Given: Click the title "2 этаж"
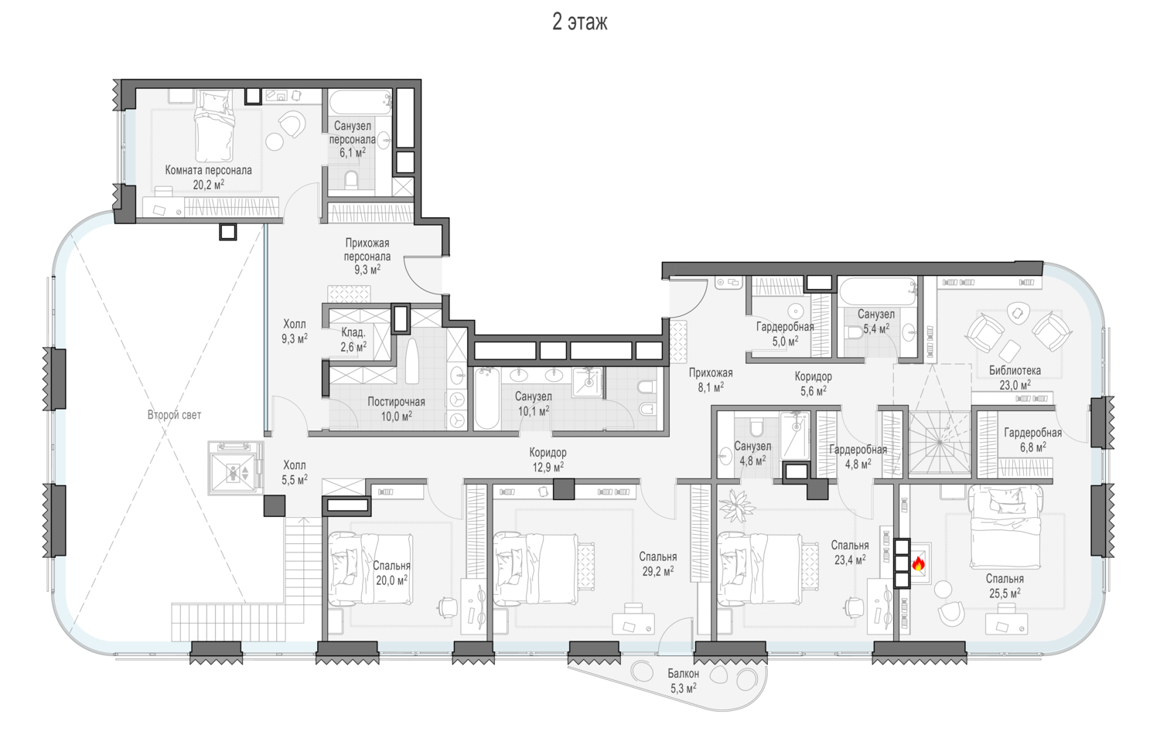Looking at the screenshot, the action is pyautogui.click(x=579, y=22).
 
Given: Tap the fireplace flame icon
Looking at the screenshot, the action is pyautogui.click(x=918, y=563).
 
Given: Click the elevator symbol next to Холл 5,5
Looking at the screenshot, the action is pyautogui.click(x=236, y=469).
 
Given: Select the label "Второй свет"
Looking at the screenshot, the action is pyautogui.click(x=174, y=415).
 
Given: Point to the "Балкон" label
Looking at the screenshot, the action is pyautogui.click(x=683, y=674).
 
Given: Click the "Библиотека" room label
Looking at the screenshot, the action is pyautogui.click(x=1015, y=370).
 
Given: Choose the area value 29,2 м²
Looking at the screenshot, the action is pyautogui.click(x=657, y=571).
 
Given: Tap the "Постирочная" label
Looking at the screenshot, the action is pyautogui.click(x=396, y=402).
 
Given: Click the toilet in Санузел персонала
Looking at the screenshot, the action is pyautogui.click(x=351, y=179).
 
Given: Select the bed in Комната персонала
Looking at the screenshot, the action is pyautogui.click(x=214, y=126).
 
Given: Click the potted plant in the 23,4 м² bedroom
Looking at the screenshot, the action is pyautogui.click(x=737, y=505).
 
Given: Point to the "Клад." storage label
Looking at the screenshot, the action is pyautogui.click(x=353, y=333).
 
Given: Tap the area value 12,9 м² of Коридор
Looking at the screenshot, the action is pyautogui.click(x=548, y=467).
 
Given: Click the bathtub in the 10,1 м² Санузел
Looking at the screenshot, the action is pyautogui.click(x=486, y=399).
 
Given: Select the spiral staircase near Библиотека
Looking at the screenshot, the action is pyautogui.click(x=940, y=443).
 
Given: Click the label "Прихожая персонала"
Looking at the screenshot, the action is pyautogui.click(x=367, y=250).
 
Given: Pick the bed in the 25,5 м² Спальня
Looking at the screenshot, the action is pyautogui.click(x=1005, y=525).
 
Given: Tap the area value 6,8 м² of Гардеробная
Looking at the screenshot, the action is pyautogui.click(x=1033, y=447).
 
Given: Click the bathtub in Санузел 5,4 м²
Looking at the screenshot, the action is pyautogui.click(x=878, y=292).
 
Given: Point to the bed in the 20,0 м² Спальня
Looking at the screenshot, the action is pyautogui.click(x=370, y=570).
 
